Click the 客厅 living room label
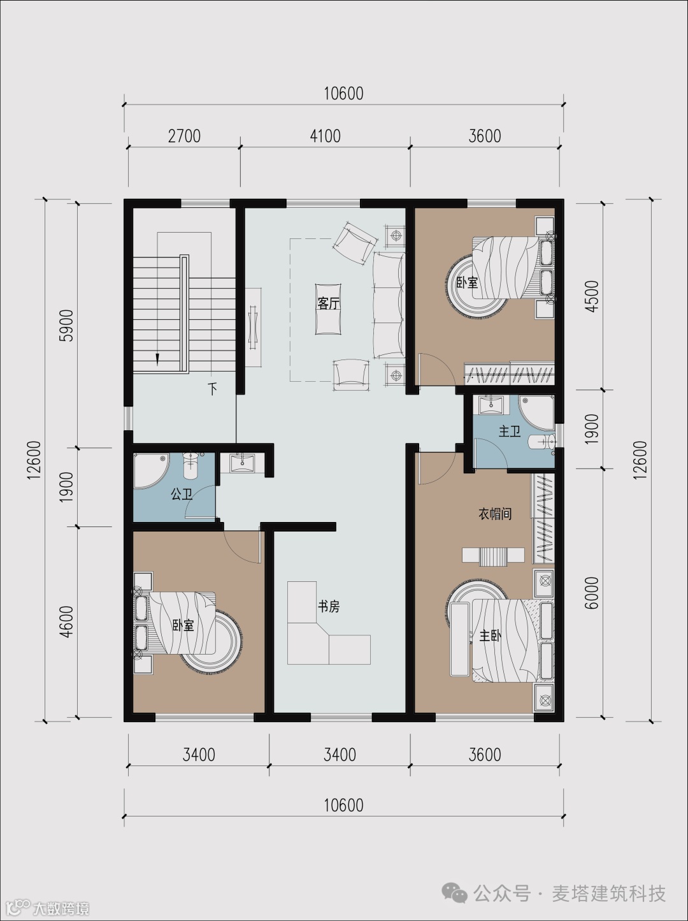click(329, 303)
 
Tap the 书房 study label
click(329, 606)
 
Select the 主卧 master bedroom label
click(490, 636)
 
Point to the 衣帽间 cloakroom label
click(495, 514)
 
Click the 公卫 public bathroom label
click(182, 494)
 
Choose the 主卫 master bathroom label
click(510, 431)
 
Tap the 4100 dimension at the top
click(325, 136)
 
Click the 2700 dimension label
click(184, 136)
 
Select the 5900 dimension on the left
click(67, 325)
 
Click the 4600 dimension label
click(67, 622)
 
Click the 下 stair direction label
click(213, 389)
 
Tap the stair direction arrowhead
click(157, 359)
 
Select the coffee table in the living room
click(328, 309)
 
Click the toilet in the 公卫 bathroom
click(190, 466)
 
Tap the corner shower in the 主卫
click(536, 412)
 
